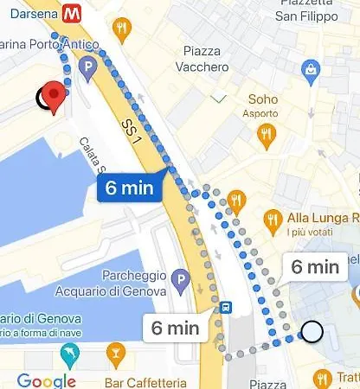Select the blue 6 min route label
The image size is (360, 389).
(130, 188)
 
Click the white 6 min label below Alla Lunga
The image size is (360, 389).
(315, 266)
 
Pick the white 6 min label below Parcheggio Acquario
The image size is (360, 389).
(176, 328)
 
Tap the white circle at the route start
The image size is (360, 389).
(312, 331)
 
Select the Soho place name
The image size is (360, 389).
(263, 99)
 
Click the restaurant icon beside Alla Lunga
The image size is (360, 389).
(275, 218)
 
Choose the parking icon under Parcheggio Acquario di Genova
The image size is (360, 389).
(180, 280)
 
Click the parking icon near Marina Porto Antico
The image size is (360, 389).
(87, 67)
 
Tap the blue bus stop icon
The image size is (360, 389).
(225, 306)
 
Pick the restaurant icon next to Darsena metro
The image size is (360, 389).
(121, 31)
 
